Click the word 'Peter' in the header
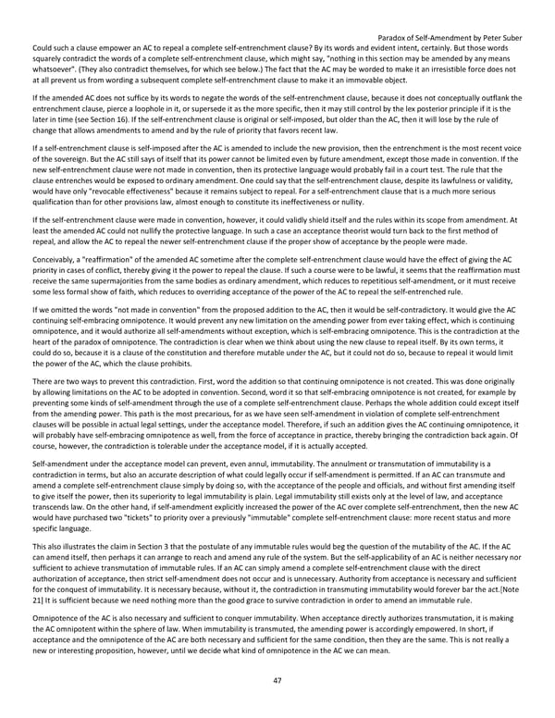click(483, 38)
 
